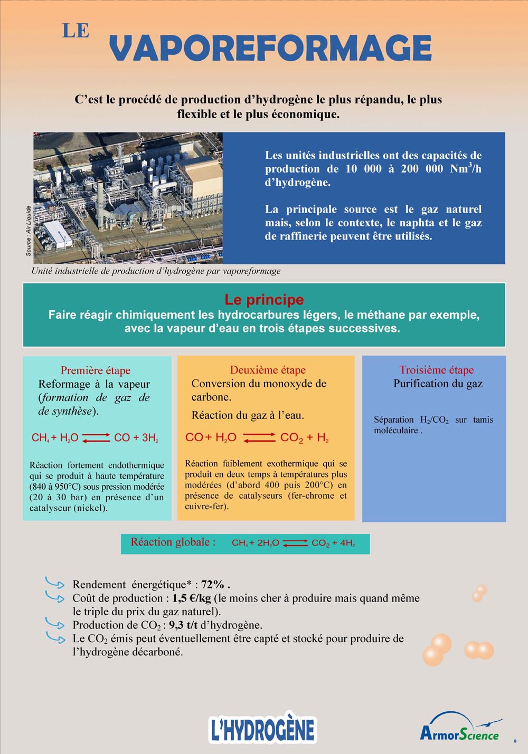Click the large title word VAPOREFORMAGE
tap(270, 48)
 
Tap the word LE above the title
tap(76, 31)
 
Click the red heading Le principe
tap(264, 300)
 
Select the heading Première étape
tap(96, 370)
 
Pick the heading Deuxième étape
tap(268, 370)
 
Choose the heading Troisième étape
tap(437, 370)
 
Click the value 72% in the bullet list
tap(213, 585)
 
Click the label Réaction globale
tap(173, 542)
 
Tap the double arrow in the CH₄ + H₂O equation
tap(96, 437)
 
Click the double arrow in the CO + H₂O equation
tap(259, 437)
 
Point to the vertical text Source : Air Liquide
tap(29, 231)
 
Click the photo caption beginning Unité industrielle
tap(156, 271)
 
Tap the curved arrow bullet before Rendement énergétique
tap(54, 583)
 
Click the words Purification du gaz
tap(438, 384)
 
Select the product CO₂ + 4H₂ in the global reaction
tap(333, 543)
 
